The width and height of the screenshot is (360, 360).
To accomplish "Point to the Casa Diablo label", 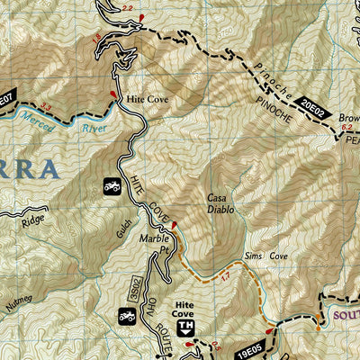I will tap(220, 203).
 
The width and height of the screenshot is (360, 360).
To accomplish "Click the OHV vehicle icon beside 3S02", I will tap(126, 317).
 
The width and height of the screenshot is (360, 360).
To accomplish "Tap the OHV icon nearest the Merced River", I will tap(113, 186).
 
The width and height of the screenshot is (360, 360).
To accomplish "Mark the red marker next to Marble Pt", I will tap(174, 224).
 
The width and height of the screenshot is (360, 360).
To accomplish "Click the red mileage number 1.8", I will tap(96, 38).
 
